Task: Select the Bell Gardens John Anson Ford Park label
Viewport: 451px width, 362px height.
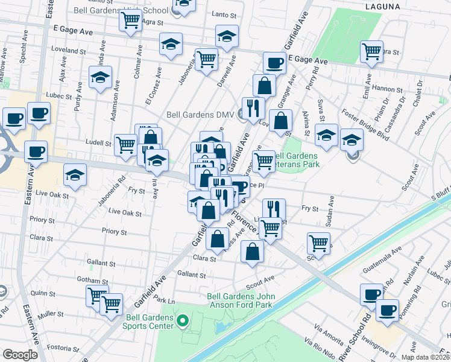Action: tap(241, 300)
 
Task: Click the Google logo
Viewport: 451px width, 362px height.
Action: tap(20, 355)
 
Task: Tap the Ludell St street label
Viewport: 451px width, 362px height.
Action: tap(99, 144)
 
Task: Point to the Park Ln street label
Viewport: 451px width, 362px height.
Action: tap(164, 300)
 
